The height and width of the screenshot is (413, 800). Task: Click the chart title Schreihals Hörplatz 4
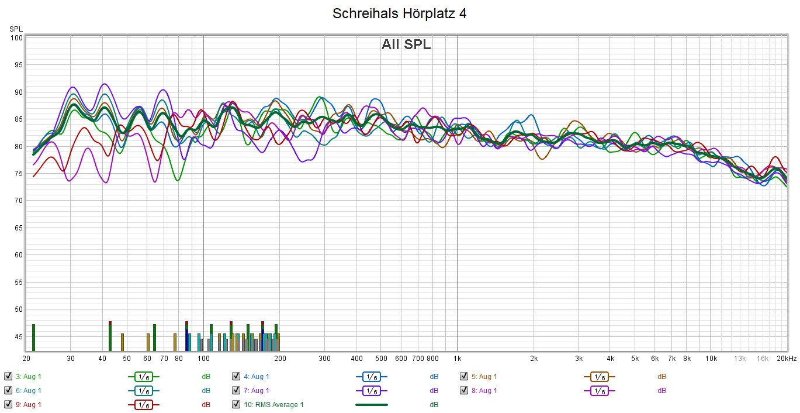[x=400, y=13]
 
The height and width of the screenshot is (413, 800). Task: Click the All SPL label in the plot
[x=406, y=45]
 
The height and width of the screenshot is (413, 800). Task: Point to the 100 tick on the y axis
[x=16, y=38]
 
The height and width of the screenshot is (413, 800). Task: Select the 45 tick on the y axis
[x=18, y=336]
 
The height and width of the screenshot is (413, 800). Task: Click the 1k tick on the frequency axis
[x=457, y=358]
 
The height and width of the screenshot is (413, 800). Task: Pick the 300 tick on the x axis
[x=324, y=358]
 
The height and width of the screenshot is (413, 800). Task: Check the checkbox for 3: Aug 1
[x=8, y=377]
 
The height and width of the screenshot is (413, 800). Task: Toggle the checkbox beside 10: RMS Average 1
[x=236, y=404]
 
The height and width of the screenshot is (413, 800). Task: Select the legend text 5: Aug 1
[x=484, y=377]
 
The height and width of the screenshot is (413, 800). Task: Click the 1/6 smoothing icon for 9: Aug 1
[x=143, y=404]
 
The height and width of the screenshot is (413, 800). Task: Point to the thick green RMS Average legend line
[x=371, y=404]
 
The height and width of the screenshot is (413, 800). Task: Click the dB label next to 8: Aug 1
[x=662, y=391]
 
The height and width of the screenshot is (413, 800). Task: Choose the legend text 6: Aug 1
[x=28, y=391]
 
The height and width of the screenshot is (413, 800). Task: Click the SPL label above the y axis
[x=16, y=29]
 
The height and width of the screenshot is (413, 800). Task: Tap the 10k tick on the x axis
[x=711, y=358]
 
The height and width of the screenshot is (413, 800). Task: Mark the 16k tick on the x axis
[x=763, y=358]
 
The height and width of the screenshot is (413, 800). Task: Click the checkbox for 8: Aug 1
[x=464, y=390]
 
